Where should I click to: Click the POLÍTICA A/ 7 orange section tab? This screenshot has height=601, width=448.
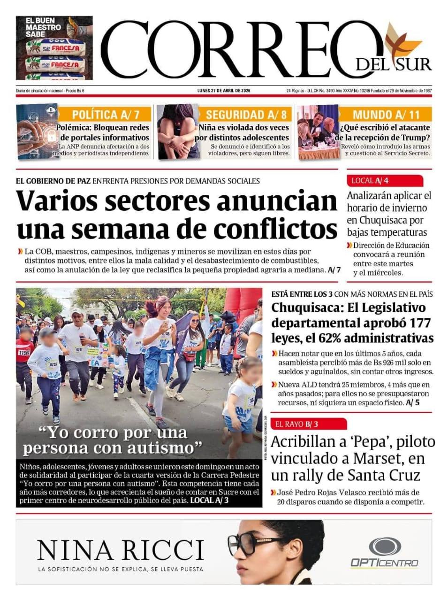tap(105, 115)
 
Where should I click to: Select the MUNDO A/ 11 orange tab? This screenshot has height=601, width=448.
tap(386, 115)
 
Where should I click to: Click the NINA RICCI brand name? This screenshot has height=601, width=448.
tap(121, 550)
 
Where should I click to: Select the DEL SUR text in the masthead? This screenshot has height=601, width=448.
tap(393, 64)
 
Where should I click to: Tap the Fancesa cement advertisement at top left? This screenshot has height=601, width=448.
tap(54, 48)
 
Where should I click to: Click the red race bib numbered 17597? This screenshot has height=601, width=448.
tap(24, 352)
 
